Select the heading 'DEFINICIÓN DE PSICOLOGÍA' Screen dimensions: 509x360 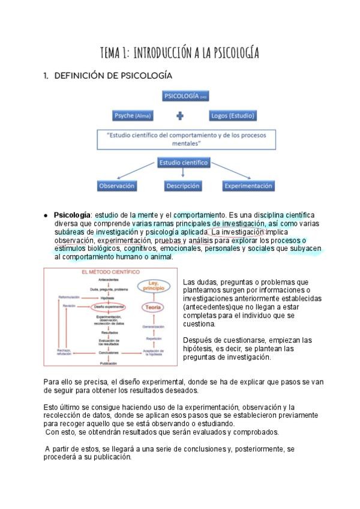click(x=113, y=76)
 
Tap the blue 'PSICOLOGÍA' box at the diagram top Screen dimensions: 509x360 click(x=186, y=97)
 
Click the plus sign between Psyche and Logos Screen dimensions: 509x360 click(x=180, y=116)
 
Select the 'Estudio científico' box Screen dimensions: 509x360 click(x=183, y=163)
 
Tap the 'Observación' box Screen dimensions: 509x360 click(x=117, y=186)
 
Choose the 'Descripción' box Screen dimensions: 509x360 click(x=183, y=186)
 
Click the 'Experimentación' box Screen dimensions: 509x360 click(x=248, y=186)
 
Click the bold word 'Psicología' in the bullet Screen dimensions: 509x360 click(x=73, y=215)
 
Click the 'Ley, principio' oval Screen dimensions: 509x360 click(x=152, y=288)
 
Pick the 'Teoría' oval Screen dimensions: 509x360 click(x=152, y=307)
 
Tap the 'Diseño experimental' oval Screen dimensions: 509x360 click(x=109, y=307)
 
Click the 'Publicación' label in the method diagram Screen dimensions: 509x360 click(x=109, y=363)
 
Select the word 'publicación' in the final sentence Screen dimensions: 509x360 click(x=110, y=457)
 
